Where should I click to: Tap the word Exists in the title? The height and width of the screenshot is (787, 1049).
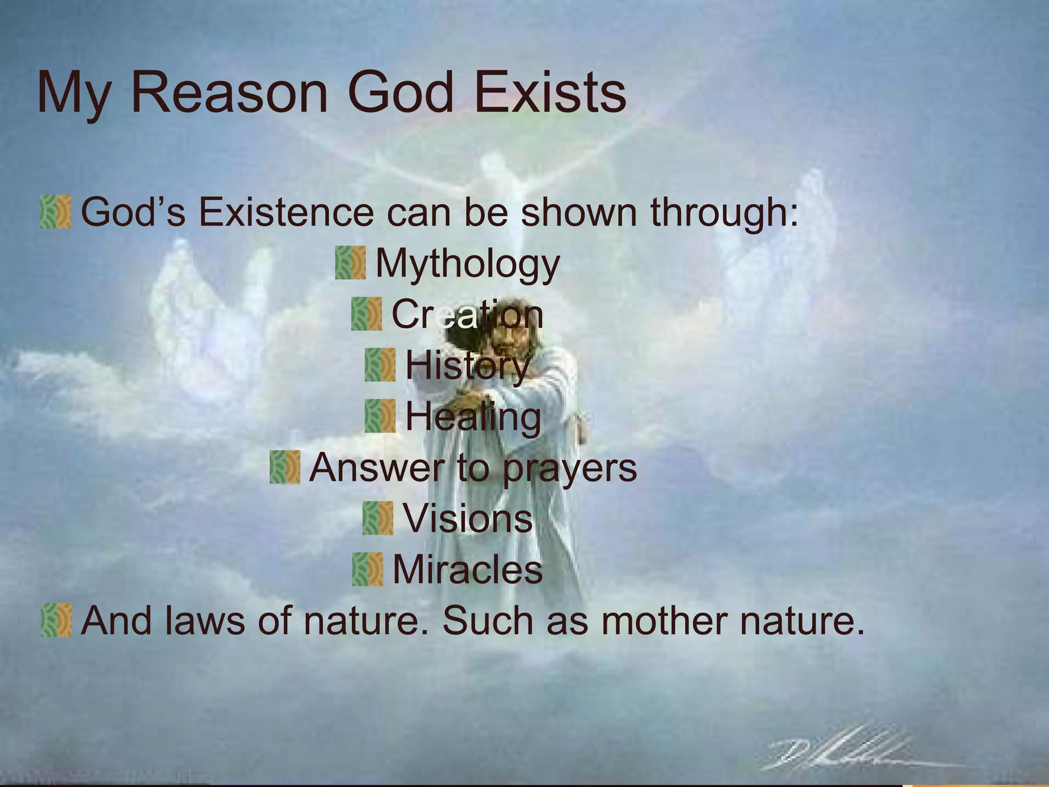550,93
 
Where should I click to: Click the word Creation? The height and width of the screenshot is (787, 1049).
467,314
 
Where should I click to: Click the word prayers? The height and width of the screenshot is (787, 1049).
570,468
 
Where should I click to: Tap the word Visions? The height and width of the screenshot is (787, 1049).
468,519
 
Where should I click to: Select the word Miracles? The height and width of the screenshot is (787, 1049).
467,570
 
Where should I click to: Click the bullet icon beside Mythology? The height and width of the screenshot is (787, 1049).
350,263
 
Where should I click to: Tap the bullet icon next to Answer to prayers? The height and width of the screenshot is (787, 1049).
285,467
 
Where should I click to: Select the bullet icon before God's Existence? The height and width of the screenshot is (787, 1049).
55,212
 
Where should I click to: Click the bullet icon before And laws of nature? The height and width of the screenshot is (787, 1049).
56,620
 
